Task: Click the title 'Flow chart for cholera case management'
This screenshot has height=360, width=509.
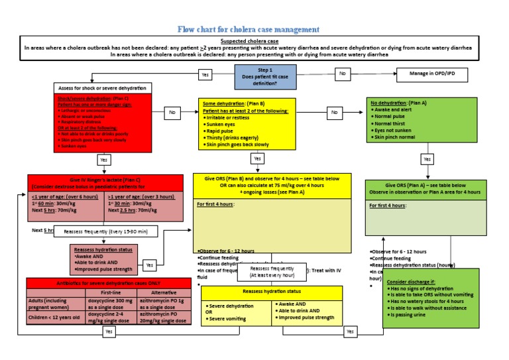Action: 249,29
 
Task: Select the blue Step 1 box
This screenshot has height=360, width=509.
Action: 265,77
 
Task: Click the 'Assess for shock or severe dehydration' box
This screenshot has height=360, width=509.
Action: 102,88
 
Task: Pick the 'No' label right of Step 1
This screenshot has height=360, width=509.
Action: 343,74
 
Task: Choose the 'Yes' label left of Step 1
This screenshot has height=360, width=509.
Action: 205,76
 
